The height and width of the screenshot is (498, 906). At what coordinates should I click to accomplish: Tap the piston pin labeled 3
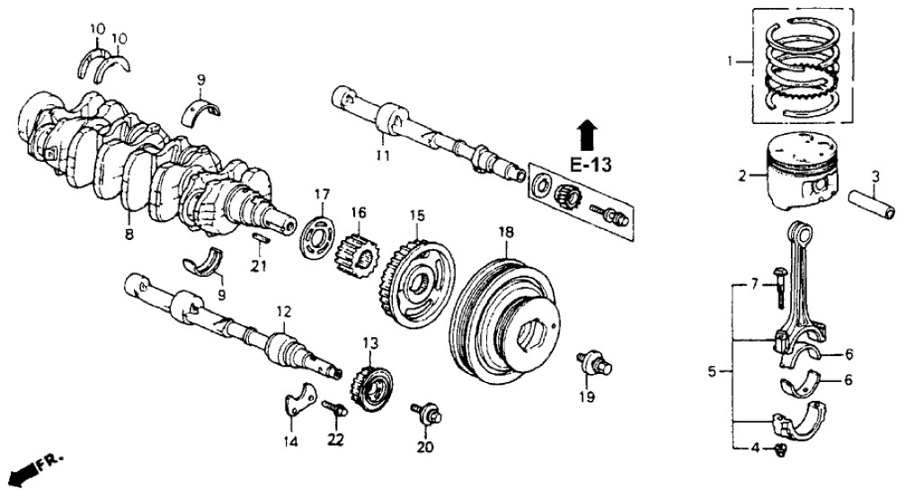pos(873,203)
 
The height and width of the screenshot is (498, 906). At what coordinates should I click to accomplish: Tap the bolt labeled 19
pos(594,362)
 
